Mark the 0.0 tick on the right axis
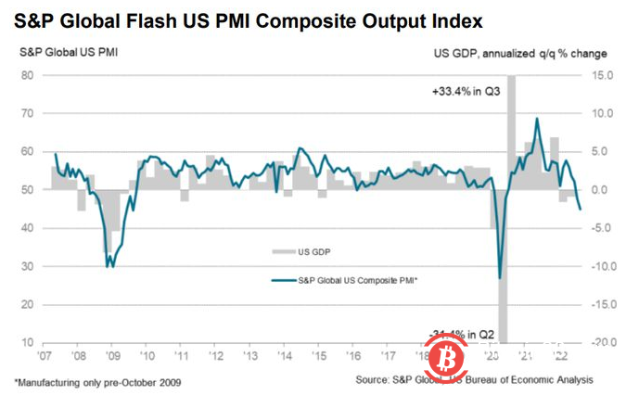pos(603,190)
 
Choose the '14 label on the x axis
pos(285,356)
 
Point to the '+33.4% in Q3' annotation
pos(466,93)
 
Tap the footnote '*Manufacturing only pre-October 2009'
pos(96,380)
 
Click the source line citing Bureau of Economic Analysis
pos(473,380)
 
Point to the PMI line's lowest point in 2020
pos(500,278)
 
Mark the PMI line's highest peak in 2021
pos(537,119)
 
